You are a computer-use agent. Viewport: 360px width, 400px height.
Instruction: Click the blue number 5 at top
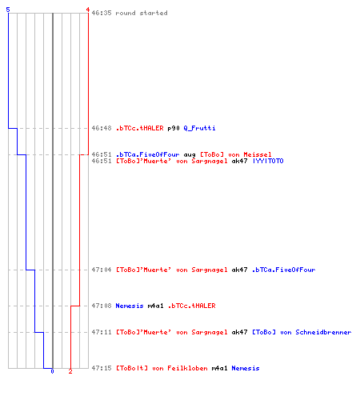[8, 10]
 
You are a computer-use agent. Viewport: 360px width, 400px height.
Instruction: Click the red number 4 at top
[88, 10]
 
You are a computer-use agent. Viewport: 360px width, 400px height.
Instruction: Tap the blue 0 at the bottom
[52, 371]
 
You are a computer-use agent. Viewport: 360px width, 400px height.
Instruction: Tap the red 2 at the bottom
[70, 371]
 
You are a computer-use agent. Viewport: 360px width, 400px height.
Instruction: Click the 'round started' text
[142, 13]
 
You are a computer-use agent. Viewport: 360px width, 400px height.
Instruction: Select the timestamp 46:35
[102, 13]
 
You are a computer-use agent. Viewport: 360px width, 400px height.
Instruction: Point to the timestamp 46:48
[102, 128]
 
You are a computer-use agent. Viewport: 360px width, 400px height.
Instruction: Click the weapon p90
[174, 128]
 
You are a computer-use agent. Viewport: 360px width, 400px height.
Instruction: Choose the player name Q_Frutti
[199, 128]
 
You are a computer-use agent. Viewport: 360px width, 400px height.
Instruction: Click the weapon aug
[190, 155]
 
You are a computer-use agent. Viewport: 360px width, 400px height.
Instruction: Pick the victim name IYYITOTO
[268, 161]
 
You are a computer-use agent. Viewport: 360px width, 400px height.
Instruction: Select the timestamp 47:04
[102, 270]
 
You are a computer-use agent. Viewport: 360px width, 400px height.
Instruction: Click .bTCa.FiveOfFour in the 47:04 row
[284, 270]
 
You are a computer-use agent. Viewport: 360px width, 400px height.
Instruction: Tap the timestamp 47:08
[102, 306]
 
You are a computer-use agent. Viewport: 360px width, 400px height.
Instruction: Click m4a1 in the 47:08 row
[155, 306]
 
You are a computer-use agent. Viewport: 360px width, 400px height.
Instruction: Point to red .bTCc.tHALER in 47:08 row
[192, 306]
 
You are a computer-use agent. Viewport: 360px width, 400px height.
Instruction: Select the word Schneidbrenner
[323, 332]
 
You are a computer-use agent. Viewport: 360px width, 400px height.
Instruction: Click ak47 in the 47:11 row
[239, 332]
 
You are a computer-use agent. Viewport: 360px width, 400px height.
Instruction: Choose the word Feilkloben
[187, 368]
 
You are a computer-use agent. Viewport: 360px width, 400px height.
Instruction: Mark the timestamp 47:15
[102, 368]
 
